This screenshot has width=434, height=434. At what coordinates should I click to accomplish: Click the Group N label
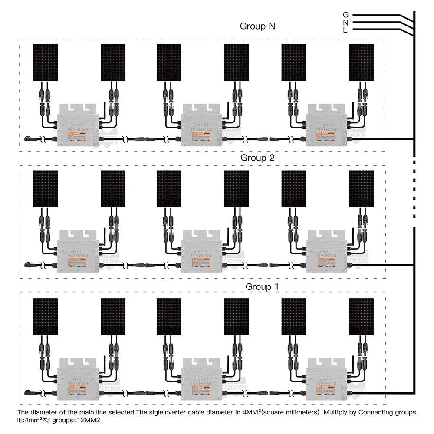pos(257,26)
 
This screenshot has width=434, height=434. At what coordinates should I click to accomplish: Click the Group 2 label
pos(258,158)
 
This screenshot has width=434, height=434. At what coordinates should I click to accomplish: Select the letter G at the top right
pos(345,15)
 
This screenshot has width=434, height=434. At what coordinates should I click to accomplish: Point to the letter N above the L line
pos(345,22)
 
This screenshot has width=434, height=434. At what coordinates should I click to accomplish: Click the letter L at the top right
pos(345,30)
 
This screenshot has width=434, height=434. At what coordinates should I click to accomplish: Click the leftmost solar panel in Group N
pos(46,62)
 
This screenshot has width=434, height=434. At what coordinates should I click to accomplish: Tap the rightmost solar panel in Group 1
pos(361,316)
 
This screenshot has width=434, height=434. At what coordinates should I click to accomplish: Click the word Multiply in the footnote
pos(337,413)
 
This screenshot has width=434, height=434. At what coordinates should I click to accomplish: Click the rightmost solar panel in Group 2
pos(361,189)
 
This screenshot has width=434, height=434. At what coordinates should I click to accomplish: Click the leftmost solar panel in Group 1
pos(46,316)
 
